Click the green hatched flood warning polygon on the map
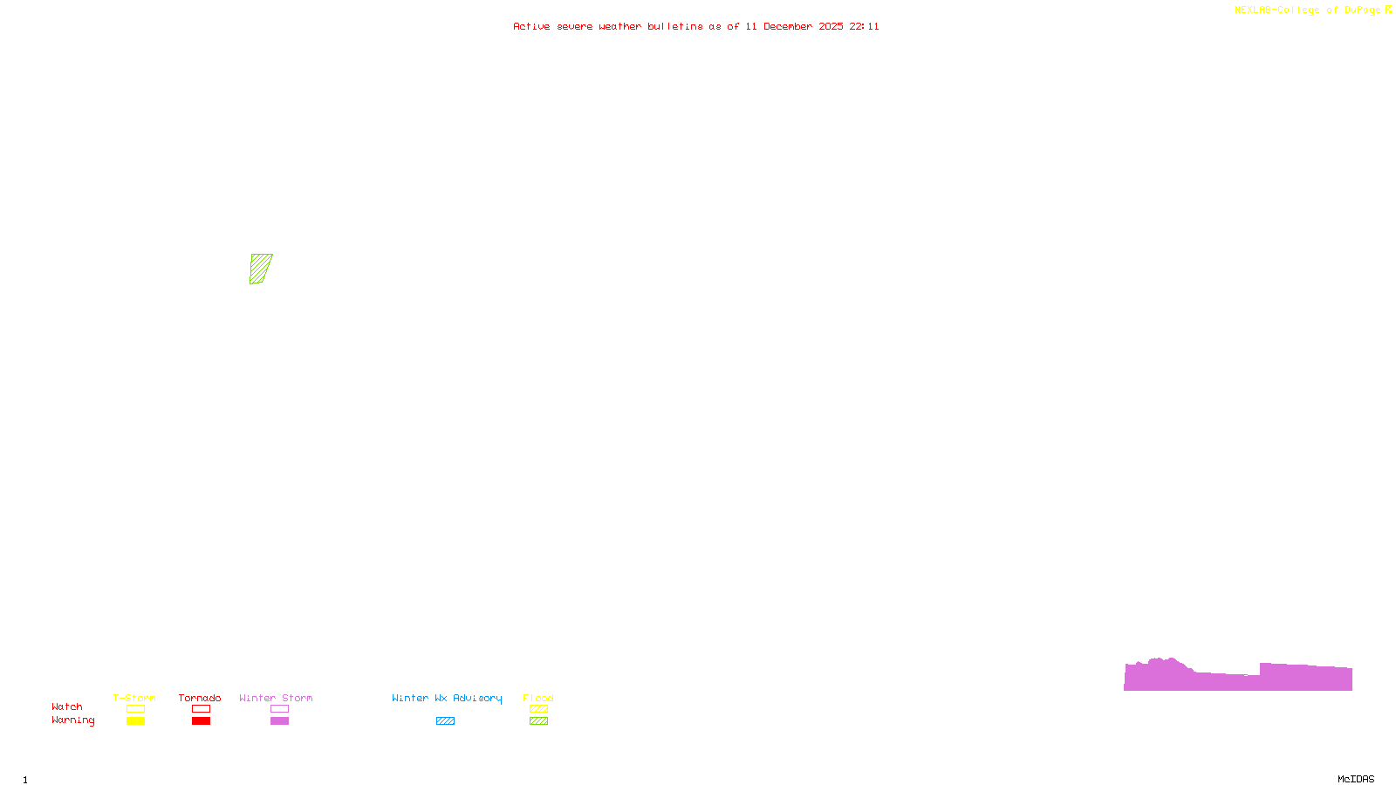(x=260, y=269)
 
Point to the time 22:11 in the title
(x=864, y=26)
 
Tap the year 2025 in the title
(x=831, y=26)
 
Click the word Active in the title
(x=531, y=26)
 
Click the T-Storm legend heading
(x=134, y=698)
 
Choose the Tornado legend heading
(x=200, y=698)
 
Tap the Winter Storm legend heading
(x=276, y=698)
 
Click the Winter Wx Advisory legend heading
(x=447, y=698)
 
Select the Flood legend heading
(x=538, y=698)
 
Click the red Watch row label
(x=67, y=706)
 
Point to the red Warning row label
(x=72, y=720)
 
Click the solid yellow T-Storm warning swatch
(x=135, y=721)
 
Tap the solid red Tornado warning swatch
(x=201, y=721)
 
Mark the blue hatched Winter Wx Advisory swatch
(x=445, y=721)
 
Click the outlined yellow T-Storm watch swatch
(x=135, y=709)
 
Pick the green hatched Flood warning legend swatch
(x=538, y=721)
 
